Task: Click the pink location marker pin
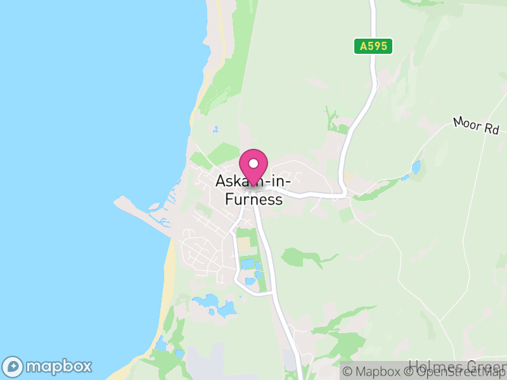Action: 253,167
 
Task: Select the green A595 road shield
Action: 373,46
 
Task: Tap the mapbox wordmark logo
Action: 58,366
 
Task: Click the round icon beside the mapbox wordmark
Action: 13,367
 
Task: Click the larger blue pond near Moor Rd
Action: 416,167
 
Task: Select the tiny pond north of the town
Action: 215,129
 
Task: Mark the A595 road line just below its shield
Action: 373,70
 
